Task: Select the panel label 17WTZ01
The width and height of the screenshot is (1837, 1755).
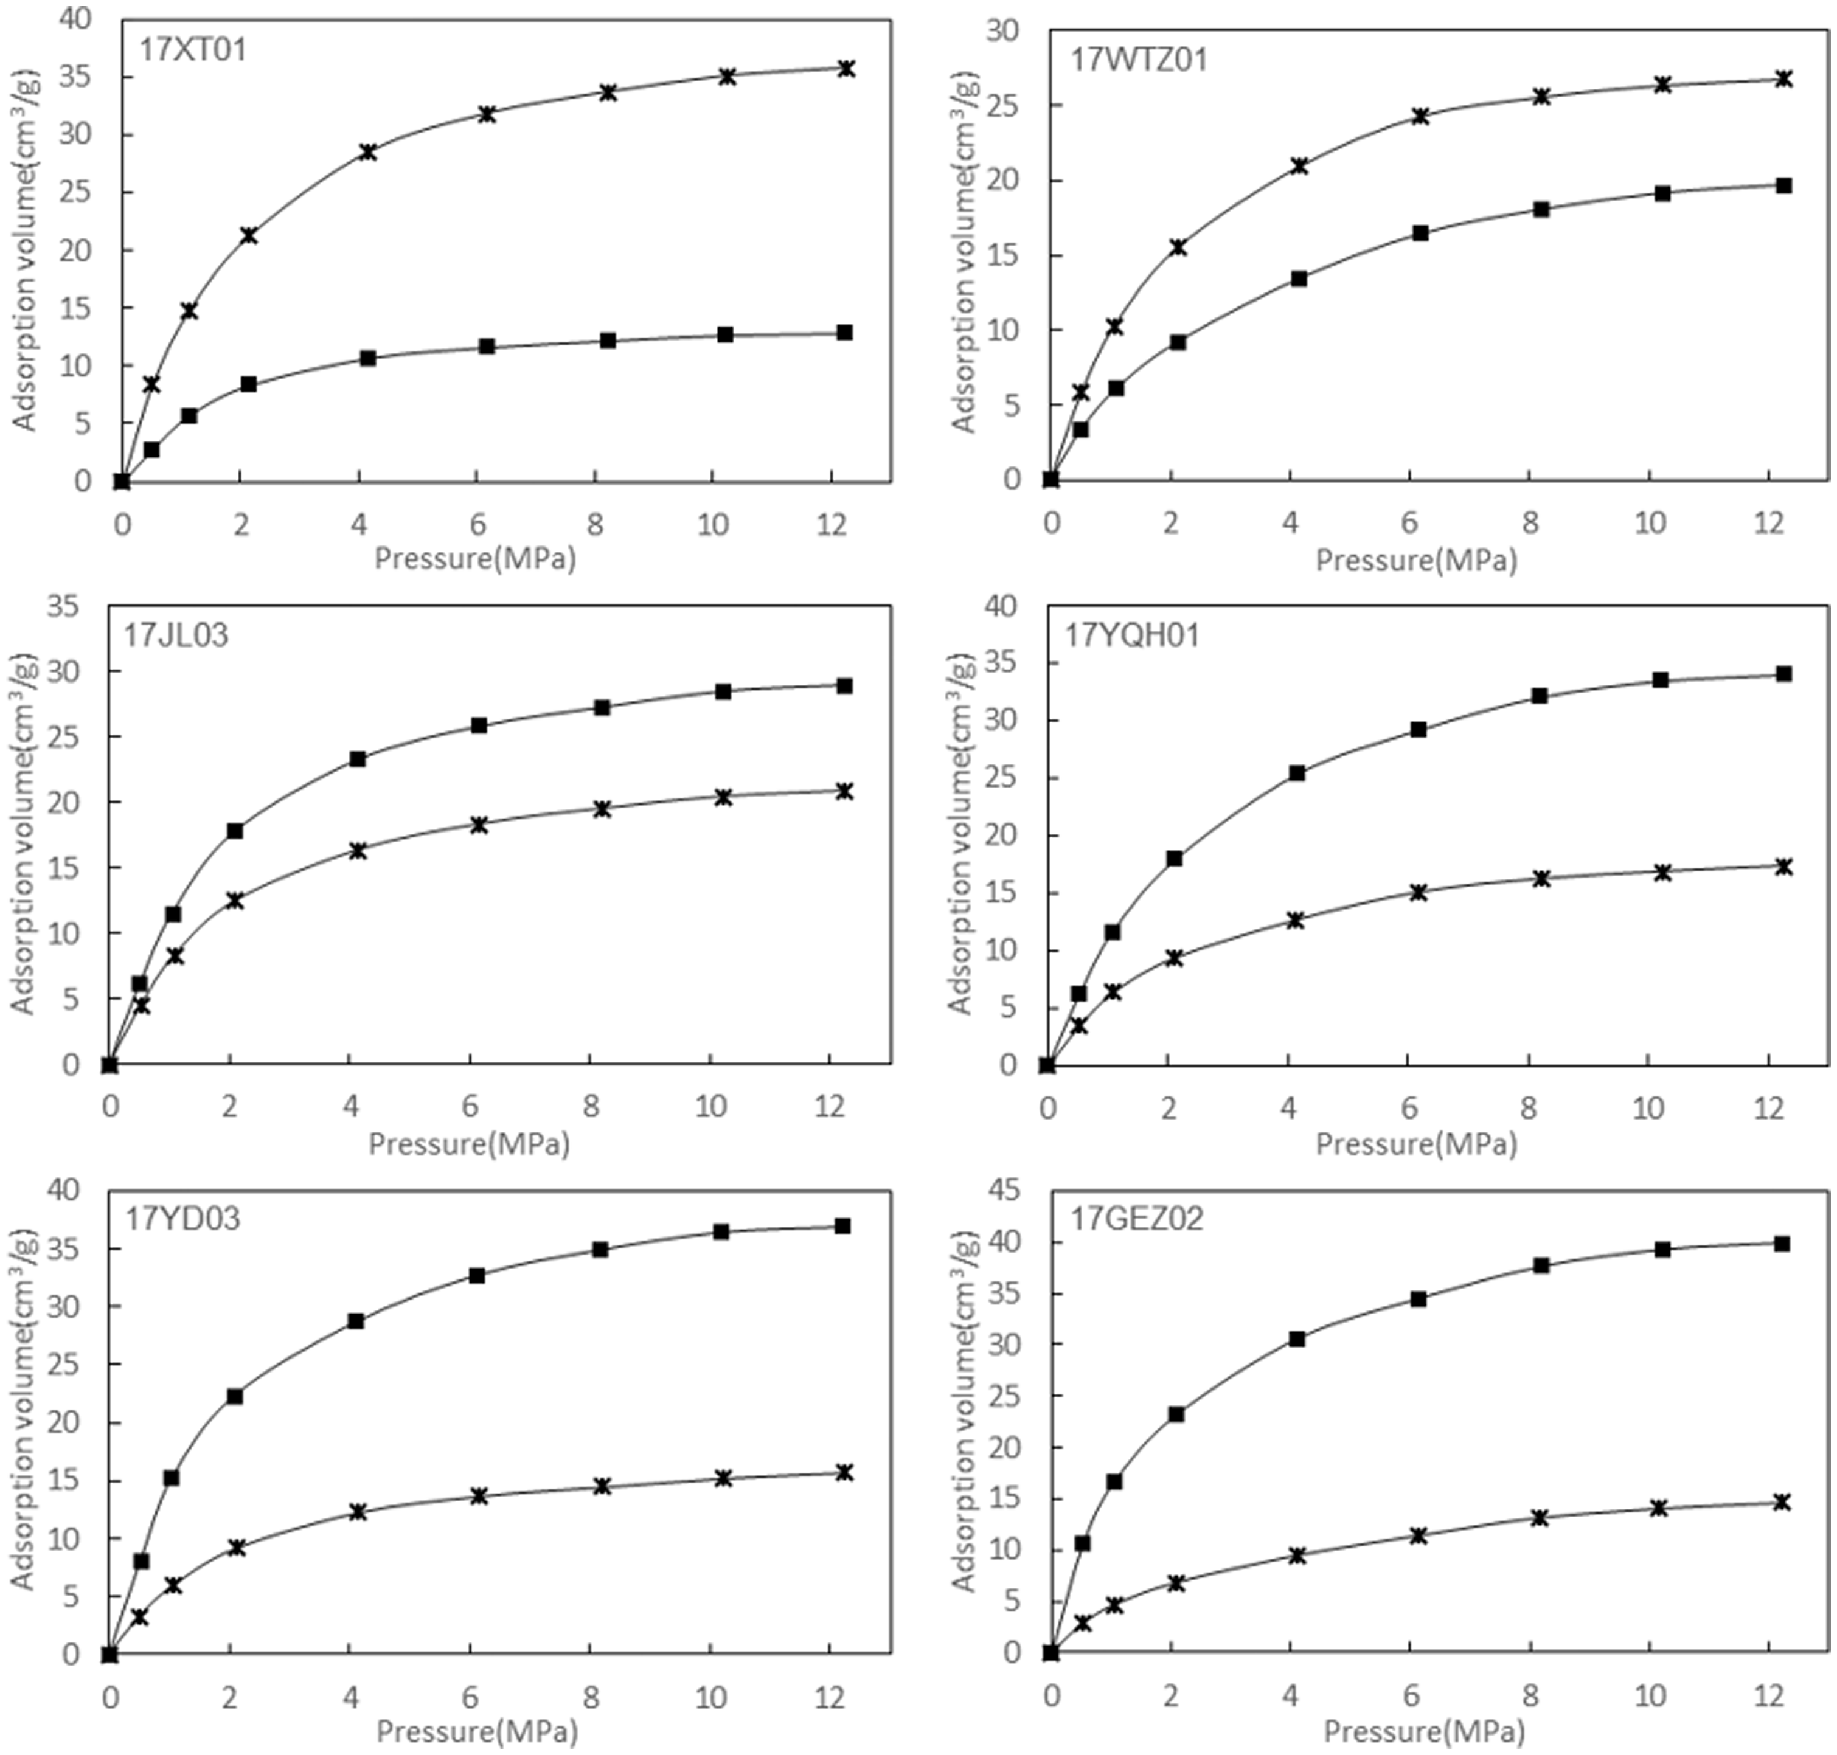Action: (1139, 60)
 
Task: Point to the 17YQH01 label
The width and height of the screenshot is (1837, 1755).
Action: (1131, 636)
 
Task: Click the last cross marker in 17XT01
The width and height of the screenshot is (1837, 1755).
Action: (846, 68)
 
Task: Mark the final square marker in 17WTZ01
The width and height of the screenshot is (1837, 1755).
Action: (1783, 185)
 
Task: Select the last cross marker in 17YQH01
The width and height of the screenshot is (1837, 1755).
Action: (1783, 867)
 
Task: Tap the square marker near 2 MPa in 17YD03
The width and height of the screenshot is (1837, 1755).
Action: (235, 1396)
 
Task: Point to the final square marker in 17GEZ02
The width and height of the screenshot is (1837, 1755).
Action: (1782, 1244)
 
